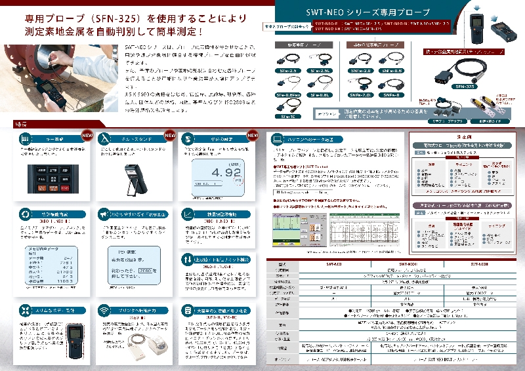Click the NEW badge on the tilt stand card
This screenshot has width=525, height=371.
pos(169,136)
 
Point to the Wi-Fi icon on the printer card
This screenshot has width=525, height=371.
pos(103,309)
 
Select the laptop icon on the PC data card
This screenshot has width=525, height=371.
pos(278,139)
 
